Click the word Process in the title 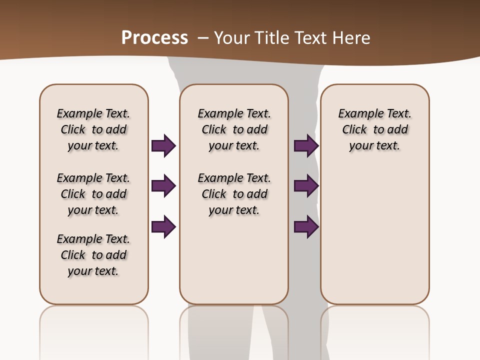[154, 38]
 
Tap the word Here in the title [351, 38]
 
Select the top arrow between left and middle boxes [163, 145]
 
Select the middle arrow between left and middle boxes [163, 186]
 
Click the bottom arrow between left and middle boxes [163, 226]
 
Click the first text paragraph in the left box [93, 129]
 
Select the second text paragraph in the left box [93, 194]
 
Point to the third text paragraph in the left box [93, 255]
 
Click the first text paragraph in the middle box [234, 129]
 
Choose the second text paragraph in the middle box [234, 194]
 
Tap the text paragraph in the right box [374, 129]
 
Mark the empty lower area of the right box [374, 235]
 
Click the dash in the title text [203, 38]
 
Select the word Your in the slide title [231, 38]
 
